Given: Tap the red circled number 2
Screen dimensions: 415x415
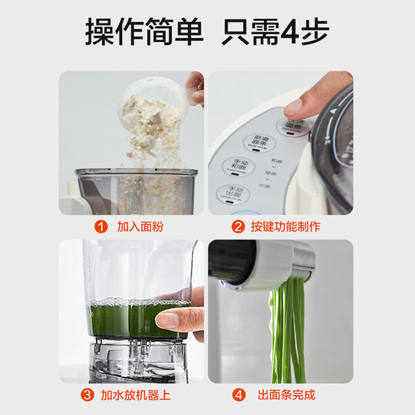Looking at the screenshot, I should point(239,227).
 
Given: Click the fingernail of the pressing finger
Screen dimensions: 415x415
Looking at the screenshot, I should point(294,106).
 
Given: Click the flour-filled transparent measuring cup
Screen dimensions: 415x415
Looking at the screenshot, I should point(152,104).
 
